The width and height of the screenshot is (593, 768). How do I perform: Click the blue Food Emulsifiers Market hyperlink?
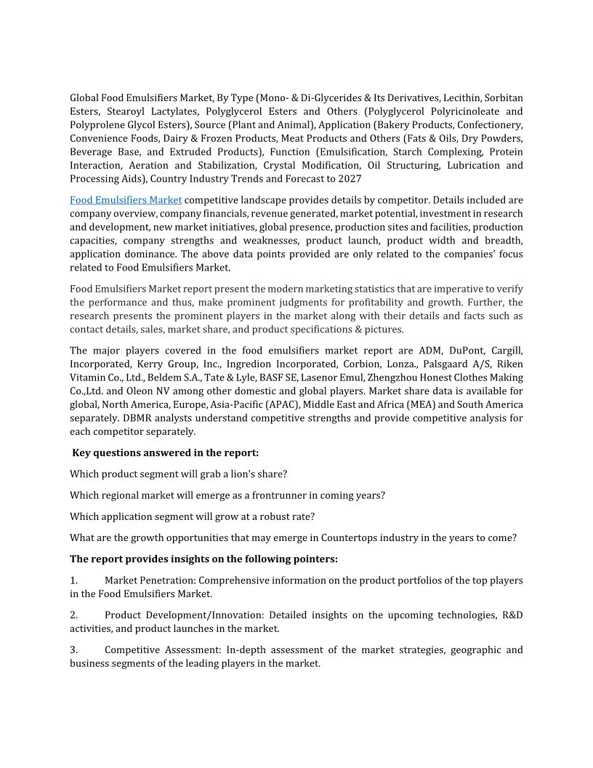(126, 200)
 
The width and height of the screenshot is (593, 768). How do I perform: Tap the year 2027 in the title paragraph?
(349, 179)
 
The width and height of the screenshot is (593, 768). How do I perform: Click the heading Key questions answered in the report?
(166, 453)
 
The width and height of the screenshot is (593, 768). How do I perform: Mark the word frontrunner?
(279, 495)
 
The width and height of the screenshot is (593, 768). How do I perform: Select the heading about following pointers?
(203, 559)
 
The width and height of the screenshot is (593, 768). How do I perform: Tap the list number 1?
(73, 581)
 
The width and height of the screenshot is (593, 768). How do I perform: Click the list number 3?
(73, 650)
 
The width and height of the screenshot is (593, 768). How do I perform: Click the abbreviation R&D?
(512, 615)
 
